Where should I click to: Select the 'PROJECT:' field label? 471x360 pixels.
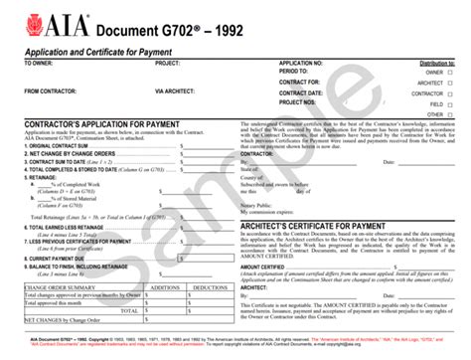click(168, 63)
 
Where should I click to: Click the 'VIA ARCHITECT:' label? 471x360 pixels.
click(178, 91)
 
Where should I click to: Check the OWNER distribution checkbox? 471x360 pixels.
click(451, 72)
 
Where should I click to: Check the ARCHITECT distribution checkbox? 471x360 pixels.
click(451, 83)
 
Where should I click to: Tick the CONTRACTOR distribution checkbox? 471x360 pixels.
click(451, 92)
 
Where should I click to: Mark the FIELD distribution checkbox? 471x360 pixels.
click(451, 103)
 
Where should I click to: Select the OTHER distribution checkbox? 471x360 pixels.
click(451, 113)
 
